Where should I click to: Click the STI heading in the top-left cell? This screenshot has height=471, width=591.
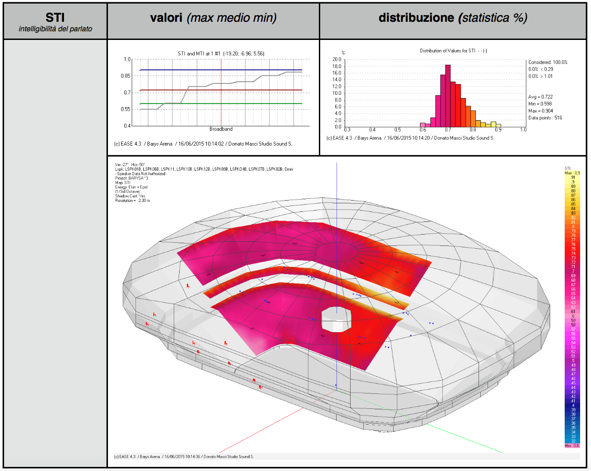pyautogui.click(x=55, y=17)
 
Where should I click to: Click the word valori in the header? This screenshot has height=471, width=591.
pyautogui.click(x=166, y=18)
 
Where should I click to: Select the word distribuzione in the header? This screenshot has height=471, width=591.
pyautogui.click(x=416, y=18)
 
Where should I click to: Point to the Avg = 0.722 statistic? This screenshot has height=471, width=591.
pyautogui.click(x=540, y=97)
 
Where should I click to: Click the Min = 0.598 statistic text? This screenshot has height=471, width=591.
pyautogui.click(x=540, y=104)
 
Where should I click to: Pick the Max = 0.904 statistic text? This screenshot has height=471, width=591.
pyautogui.click(x=540, y=111)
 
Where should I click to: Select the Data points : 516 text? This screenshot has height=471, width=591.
pyautogui.click(x=545, y=118)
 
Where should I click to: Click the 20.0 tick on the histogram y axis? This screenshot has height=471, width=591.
pyautogui.click(x=337, y=59)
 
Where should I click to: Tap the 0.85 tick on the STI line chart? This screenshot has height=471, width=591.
pyautogui.click(x=125, y=76)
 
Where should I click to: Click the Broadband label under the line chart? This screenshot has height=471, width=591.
pyautogui.click(x=221, y=129)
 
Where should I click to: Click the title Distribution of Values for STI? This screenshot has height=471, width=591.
pyautogui.click(x=448, y=51)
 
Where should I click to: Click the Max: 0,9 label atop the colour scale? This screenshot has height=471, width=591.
pyautogui.click(x=572, y=173)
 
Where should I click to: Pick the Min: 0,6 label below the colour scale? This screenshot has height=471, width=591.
pyautogui.click(x=571, y=446)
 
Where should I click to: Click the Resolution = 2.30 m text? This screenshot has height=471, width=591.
pyautogui.click(x=132, y=201)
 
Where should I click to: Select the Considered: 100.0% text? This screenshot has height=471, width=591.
pyautogui.click(x=547, y=62)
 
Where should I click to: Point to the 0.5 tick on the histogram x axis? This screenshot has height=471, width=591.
pyautogui.click(x=397, y=130)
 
